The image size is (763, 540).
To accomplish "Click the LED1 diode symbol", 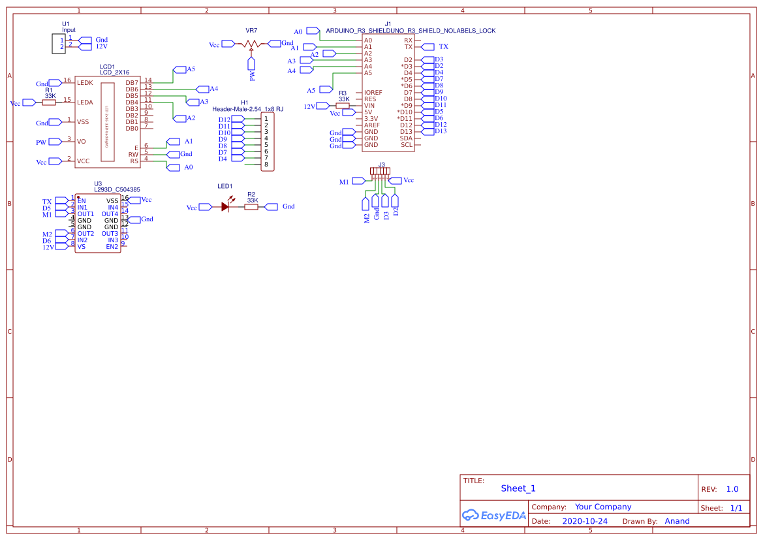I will coord(225,206).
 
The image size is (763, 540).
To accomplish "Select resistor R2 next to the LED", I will coord(251,206).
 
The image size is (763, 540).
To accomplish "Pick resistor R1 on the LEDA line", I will coord(49,102).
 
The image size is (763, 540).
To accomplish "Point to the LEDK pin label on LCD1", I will coord(85,83).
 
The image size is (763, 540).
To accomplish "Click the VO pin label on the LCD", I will coord(82,141).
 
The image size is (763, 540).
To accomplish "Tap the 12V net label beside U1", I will coord(101,47).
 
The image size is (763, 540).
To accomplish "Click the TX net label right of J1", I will coord(443,47).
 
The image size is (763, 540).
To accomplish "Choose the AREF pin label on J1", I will coord(372,125).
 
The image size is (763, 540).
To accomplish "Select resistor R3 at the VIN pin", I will coord(343,105).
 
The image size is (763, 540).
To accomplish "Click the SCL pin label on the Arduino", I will coord(407,145).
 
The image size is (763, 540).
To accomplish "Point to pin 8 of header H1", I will coord(266,165).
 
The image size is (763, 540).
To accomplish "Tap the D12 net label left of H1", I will coord(225,119).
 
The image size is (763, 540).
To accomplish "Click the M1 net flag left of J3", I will coord(344,182).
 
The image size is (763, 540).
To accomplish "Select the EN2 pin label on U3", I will coord(112,247).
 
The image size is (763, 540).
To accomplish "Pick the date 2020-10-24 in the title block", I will coord(585,521).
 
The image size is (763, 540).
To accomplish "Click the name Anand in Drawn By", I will coord(677,521).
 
